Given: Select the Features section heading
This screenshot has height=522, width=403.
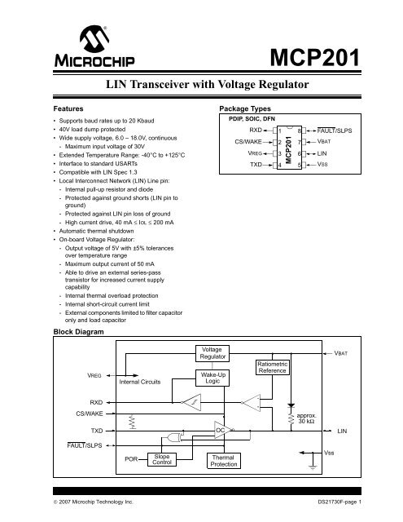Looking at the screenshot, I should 71,108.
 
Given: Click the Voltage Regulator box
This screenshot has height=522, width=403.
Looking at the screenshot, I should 211,353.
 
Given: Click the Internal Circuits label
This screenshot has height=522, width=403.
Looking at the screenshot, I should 140,380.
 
